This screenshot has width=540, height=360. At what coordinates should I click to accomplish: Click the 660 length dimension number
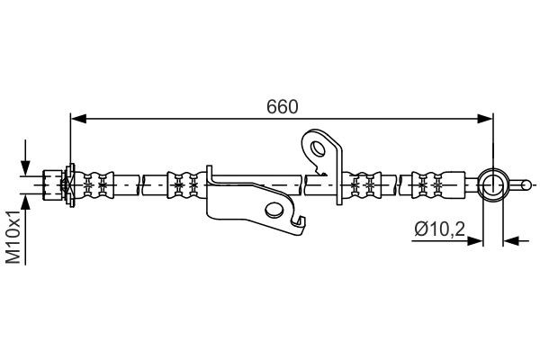coord(282,106)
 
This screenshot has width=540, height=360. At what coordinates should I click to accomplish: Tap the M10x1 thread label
coord(13,237)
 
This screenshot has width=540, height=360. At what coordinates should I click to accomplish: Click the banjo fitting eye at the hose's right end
coord(493,185)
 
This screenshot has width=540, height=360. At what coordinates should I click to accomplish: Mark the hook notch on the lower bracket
coord(297,216)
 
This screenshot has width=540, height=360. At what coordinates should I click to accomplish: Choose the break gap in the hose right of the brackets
coord(402,184)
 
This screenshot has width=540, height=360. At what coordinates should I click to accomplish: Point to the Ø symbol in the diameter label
coord(418,229)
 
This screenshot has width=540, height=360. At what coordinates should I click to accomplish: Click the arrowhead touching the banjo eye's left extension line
coord(477,240)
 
